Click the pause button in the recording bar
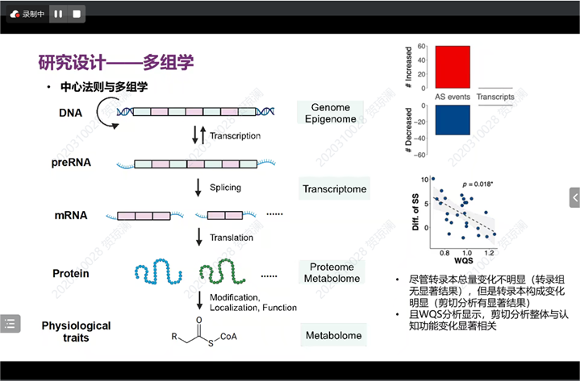coord(58,14)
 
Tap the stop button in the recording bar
coord(77,14)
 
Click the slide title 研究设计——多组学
coord(116,62)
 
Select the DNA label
coord(70,112)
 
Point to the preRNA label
coord(71,163)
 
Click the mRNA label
coord(71,216)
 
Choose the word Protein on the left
coord(71,273)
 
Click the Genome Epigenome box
coord(331,113)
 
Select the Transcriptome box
coord(335,190)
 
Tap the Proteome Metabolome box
coord(331,272)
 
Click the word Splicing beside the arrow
coord(225,188)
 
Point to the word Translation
coord(232,238)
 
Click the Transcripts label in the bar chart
coord(495,97)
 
